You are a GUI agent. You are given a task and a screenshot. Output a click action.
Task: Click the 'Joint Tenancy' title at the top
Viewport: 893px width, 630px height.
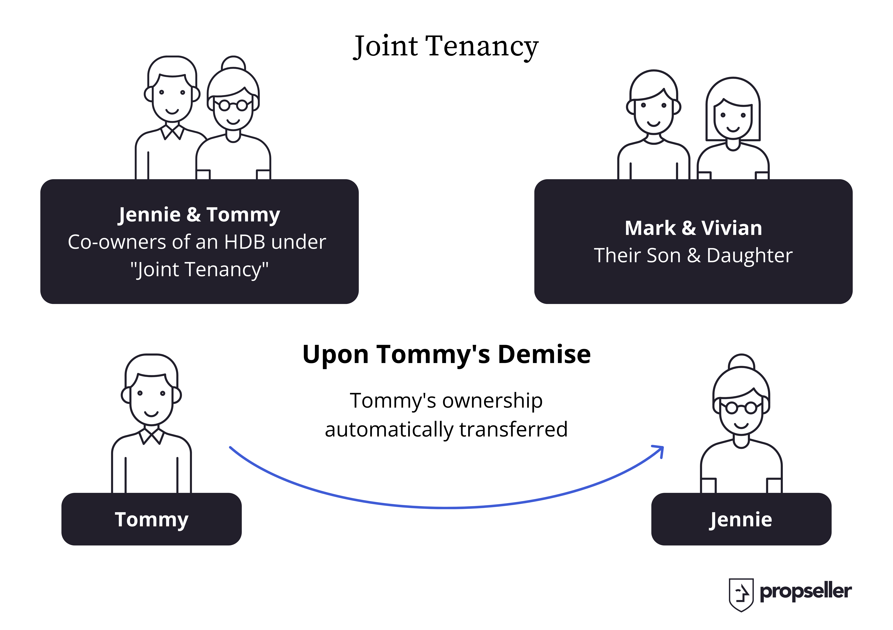coord(446,47)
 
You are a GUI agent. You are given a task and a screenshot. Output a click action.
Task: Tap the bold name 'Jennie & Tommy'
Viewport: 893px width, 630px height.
coord(199,215)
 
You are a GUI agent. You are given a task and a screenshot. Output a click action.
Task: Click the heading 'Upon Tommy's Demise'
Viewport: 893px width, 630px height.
coord(446,355)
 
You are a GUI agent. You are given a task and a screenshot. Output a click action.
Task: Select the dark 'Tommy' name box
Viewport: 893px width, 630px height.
coord(152,519)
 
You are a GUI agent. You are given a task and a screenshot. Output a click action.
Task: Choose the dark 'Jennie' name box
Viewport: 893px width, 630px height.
coord(741,519)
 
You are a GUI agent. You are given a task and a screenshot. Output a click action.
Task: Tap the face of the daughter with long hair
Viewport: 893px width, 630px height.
coord(733,119)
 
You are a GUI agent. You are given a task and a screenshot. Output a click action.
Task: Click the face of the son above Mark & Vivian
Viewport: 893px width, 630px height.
coord(654,113)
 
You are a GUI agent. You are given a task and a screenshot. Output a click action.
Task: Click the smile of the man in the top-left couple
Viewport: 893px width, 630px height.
coord(172,112)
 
